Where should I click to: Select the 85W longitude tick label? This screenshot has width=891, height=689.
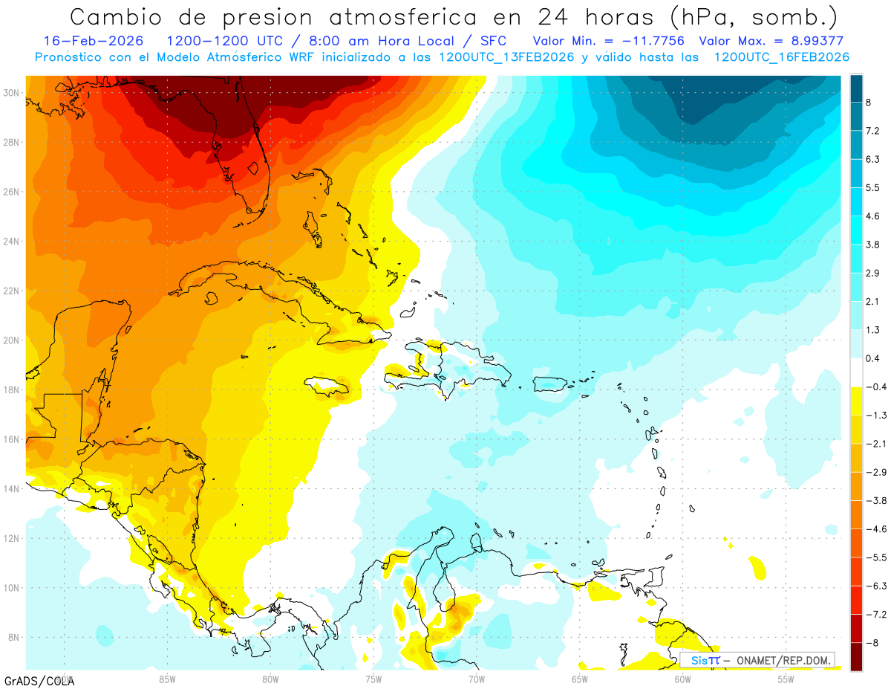[167, 679]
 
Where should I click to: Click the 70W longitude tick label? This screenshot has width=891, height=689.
[477, 679]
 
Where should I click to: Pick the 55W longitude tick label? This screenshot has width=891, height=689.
[786, 679]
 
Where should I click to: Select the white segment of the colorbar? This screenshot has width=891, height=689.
[856, 373]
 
